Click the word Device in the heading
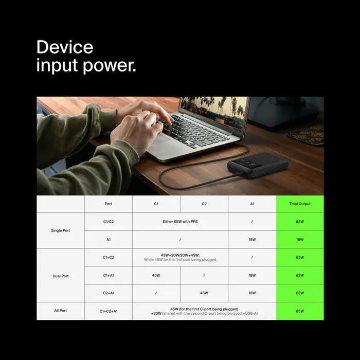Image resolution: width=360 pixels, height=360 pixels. point(65,48)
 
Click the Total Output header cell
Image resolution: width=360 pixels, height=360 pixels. point(300,204)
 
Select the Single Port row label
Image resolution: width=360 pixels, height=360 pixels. point(61,230)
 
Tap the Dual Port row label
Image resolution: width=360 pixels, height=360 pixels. point(61,276)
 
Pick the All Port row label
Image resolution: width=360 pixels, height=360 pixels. point(60,311)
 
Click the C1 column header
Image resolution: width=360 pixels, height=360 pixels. point(156,204)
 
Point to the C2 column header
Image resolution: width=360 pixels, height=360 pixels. point(204,204)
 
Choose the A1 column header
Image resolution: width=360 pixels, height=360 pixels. point(252,204)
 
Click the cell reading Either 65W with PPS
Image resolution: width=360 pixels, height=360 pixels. point(180,222)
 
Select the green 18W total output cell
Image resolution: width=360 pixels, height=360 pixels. point(300,240)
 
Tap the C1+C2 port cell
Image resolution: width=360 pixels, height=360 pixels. point(109,257)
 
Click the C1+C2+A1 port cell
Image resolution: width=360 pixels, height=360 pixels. point(109,311)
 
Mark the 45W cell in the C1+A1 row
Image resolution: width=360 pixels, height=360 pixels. point(156,275)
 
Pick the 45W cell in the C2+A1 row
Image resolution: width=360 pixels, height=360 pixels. point(204,293)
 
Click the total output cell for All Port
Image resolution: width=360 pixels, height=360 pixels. point(300,311)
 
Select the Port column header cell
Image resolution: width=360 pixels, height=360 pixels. point(109,204)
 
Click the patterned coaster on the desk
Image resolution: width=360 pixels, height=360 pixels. point(305,136)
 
